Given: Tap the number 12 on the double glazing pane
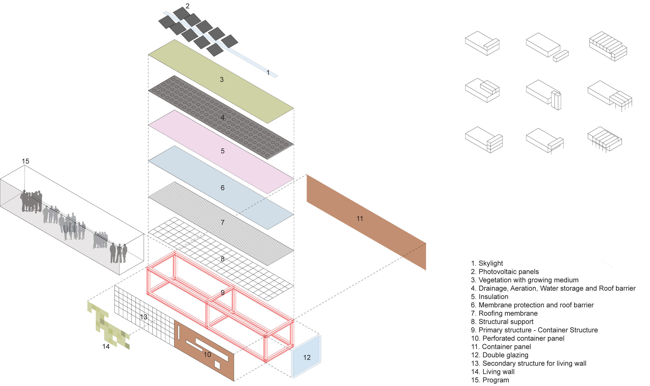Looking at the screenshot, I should [307, 357].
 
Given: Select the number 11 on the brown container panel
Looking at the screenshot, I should [360, 218].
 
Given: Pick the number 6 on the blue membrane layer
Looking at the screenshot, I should [222, 188].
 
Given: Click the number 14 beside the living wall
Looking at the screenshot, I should [106, 346].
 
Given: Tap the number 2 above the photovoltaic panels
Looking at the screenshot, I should [187, 6].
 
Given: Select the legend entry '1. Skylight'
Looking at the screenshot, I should [487, 263].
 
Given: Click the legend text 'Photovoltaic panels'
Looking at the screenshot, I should [508, 272].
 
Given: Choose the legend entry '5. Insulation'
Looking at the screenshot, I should [489, 296].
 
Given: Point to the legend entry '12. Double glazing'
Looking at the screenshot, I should [500, 355].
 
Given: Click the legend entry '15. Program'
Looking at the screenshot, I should [490, 380].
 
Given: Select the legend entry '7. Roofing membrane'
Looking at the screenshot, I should [504, 313].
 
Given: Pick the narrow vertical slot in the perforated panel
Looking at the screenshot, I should [179, 333].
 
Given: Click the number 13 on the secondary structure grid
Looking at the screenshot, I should [144, 317].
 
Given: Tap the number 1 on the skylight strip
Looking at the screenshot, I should [268, 73].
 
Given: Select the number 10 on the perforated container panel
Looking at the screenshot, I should [207, 354].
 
